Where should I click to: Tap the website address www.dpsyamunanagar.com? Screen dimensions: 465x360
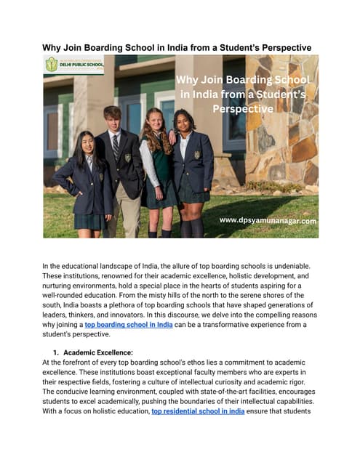click(x=268, y=220)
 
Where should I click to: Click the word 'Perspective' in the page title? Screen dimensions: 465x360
click(x=276, y=48)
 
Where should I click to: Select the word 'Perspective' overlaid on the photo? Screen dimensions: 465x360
click(x=243, y=109)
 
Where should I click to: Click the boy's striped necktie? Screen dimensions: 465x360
click(x=116, y=146)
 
